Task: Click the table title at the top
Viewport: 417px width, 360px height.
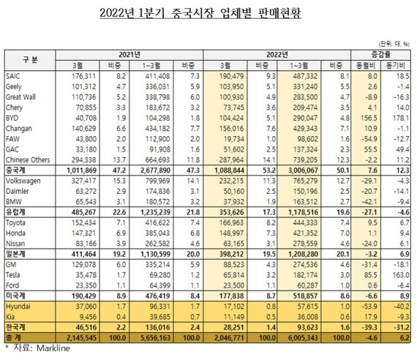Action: [209, 13]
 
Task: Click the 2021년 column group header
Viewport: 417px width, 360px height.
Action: [128, 54]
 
